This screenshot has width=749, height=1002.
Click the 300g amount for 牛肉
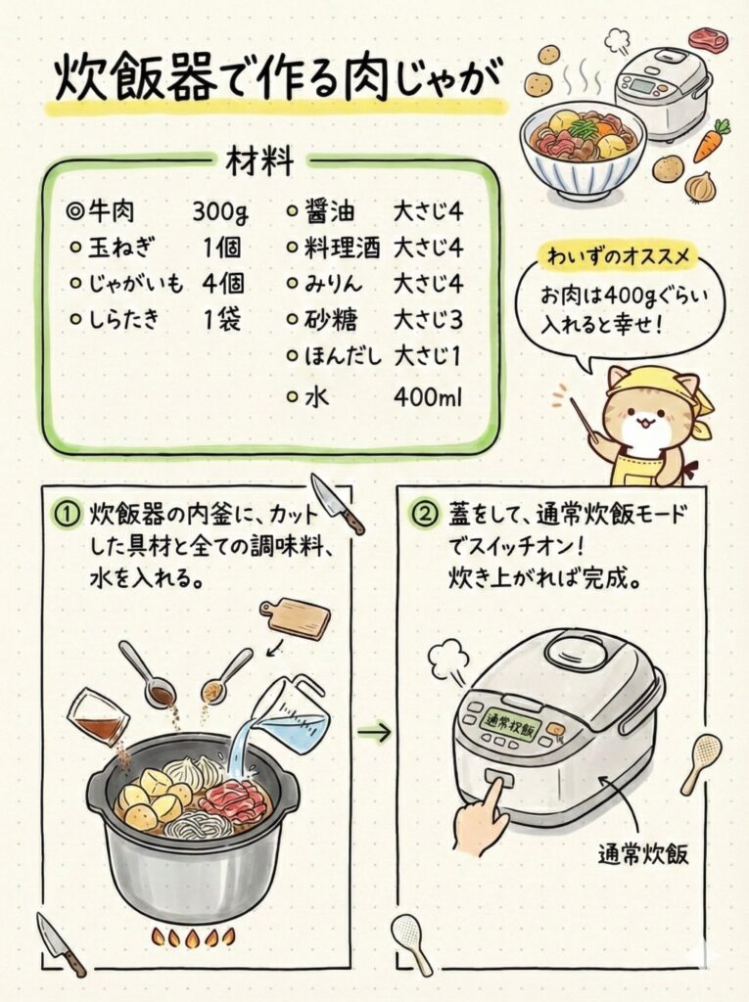[x=220, y=211]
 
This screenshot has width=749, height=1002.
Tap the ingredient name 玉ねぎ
[x=120, y=247]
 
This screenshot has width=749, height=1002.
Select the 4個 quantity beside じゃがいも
[x=222, y=283]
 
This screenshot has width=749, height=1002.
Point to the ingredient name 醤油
[x=329, y=211]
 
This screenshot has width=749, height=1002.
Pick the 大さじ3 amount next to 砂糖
[x=428, y=320]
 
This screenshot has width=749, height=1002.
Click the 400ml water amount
[x=428, y=397]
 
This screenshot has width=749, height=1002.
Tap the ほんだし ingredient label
[x=343, y=356]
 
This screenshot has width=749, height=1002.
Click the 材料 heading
[x=259, y=161]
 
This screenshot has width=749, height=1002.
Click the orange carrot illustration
[x=712, y=141]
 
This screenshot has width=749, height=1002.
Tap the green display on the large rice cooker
[x=509, y=727]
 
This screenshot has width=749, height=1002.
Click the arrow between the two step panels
[x=374, y=732]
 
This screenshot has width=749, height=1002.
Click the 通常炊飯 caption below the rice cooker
[x=643, y=853]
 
